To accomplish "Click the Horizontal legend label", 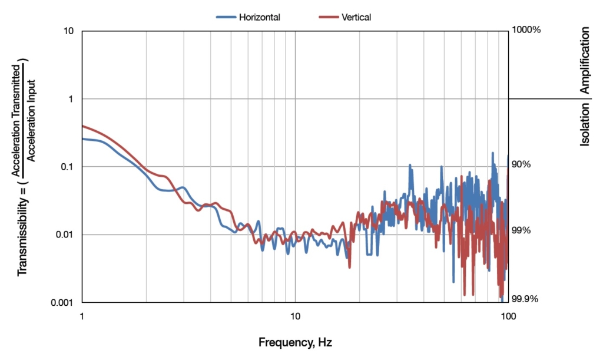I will click(259, 17).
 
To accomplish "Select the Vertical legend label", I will click(356, 17).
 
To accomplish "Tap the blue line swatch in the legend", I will click(226, 17).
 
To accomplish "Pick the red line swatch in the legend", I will click(329, 17).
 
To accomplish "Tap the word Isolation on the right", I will click(585, 124).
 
